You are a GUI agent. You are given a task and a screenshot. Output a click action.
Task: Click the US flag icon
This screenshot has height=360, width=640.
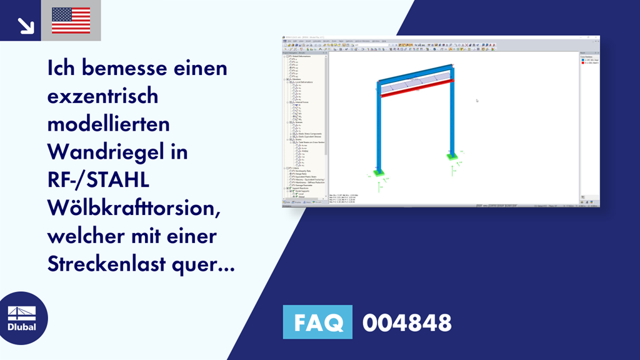coord(71,21)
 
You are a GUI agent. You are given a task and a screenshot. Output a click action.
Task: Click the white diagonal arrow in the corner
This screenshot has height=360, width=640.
coord(26,24)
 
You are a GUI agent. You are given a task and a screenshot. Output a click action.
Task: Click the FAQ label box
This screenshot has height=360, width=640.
coord(317,322)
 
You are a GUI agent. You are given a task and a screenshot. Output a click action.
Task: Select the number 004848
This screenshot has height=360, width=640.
coord(407,323)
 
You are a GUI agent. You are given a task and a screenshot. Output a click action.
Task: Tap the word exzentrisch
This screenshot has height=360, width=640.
coord(102,96)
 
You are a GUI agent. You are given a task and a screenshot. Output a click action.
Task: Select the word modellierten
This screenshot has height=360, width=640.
coord(109,124)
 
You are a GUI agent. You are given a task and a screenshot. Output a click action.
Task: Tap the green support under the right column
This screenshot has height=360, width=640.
coord(451,155)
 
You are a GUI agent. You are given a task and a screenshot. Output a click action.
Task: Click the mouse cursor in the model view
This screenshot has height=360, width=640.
coord(476,100)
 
